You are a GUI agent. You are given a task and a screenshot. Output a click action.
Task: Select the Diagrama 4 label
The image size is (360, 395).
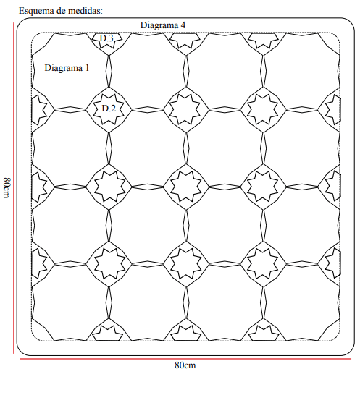(x=163, y=25)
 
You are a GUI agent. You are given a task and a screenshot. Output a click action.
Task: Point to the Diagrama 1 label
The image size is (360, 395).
(x=67, y=68)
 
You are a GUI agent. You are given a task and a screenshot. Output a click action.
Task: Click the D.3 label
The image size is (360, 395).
(x=106, y=38)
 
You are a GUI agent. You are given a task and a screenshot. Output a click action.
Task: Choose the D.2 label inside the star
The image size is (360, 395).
(x=109, y=109)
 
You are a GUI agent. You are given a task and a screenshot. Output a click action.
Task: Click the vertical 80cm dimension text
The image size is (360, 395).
(x=7, y=187)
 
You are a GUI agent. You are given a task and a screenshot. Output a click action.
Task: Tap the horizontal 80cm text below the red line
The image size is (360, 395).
(x=185, y=365)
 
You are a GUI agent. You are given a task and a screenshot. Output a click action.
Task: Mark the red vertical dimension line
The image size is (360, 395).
(x=14, y=188)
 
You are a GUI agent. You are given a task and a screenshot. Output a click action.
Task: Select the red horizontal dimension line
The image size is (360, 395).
(x=185, y=359)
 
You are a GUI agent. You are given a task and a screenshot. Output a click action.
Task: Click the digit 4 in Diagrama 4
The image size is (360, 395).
(x=183, y=25)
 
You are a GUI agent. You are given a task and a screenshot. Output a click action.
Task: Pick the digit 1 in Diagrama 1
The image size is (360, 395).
(x=88, y=68)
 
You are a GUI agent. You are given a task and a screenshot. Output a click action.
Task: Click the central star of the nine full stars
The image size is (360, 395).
(x=186, y=187)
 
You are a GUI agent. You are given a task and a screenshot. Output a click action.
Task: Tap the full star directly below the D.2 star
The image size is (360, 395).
(x=109, y=187)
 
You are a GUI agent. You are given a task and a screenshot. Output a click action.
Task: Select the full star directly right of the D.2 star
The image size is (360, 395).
(x=186, y=109)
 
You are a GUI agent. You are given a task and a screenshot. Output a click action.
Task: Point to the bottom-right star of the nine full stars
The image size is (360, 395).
(x=264, y=264)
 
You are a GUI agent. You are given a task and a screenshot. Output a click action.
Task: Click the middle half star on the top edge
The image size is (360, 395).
(x=185, y=41)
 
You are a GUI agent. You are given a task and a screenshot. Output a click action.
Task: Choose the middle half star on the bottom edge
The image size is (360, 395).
(x=186, y=333)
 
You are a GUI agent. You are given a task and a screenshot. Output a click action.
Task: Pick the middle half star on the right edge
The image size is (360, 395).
(x=333, y=187)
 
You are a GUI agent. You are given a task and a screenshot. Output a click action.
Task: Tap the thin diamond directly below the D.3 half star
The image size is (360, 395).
(x=109, y=72)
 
